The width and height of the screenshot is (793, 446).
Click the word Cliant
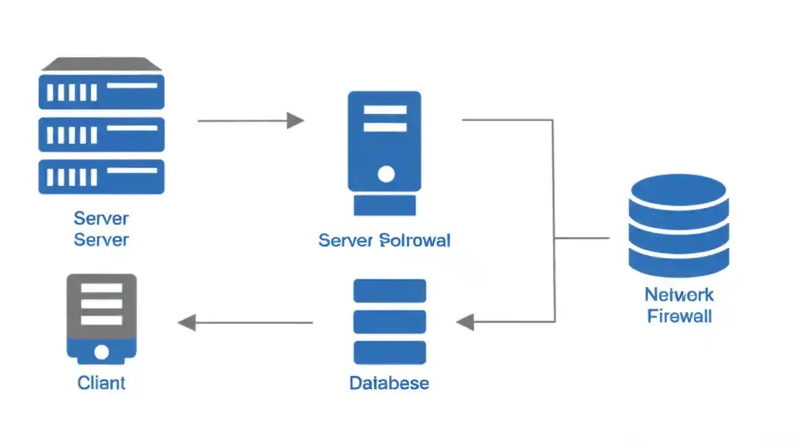click(101, 383)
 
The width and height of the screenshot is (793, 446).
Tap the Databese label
click(389, 383)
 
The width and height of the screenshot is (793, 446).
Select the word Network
click(679, 294)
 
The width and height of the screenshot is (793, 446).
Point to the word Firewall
click(679, 316)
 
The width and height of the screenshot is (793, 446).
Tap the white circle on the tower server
click(385, 174)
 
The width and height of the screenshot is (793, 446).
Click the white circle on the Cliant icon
click(101, 352)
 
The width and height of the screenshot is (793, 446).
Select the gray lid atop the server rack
click(102, 64)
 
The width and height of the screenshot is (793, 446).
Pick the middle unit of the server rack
click(102, 134)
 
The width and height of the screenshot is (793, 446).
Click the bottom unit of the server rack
click(102, 177)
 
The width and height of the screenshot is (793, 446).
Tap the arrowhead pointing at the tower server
click(296, 120)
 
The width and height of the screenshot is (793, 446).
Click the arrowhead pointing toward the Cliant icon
click(186, 322)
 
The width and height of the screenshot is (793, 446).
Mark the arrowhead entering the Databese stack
click(465, 322)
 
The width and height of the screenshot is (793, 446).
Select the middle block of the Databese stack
click(389, 321)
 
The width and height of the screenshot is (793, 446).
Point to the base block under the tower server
click(384, 205)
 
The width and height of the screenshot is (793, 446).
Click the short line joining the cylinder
click(582, 238)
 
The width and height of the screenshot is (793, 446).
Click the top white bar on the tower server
click(385, 110)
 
